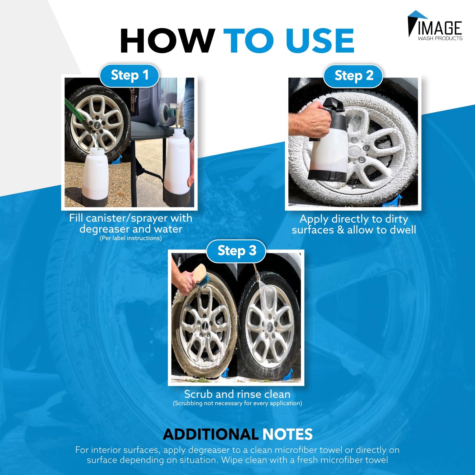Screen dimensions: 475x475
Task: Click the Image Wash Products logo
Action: tap(435, 26)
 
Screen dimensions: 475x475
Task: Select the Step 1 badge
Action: tap(130, 75)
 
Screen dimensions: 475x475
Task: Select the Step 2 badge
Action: tap(353, 76)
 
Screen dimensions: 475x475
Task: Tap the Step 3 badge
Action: tap(236, 251)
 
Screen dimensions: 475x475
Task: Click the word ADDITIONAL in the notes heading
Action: tap(210, 434)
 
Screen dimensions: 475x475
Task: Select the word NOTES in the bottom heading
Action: tap(287, 434)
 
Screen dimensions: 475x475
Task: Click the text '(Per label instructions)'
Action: tap(131, 238)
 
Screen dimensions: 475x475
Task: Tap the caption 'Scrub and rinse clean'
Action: tap(237, 394)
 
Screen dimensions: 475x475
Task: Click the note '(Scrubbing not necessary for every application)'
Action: tap(237, 403)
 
